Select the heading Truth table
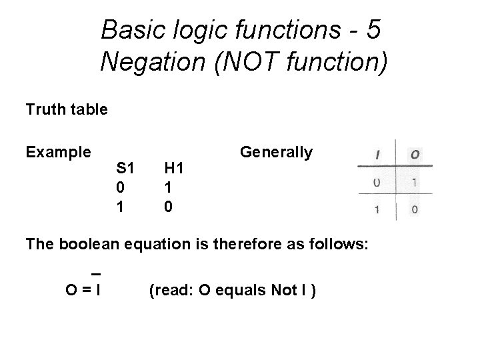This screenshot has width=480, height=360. point(66,109)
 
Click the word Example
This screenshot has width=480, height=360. point(58,152)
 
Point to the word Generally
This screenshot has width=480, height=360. point(276,152)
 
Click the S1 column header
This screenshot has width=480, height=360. point(125,168)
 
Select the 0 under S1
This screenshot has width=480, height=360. point(120,187)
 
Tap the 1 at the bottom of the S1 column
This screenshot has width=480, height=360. point(120,207)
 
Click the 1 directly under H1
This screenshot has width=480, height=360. point(169,187)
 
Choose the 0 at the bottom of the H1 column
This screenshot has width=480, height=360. point(169,207)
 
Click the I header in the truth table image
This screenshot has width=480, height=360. point(378,154)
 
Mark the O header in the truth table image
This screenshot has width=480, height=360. point(415,154)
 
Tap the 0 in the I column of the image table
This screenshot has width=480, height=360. point(377,181)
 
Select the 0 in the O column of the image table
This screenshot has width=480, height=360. point(415,209)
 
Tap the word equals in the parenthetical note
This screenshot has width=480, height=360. point(228,290)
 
